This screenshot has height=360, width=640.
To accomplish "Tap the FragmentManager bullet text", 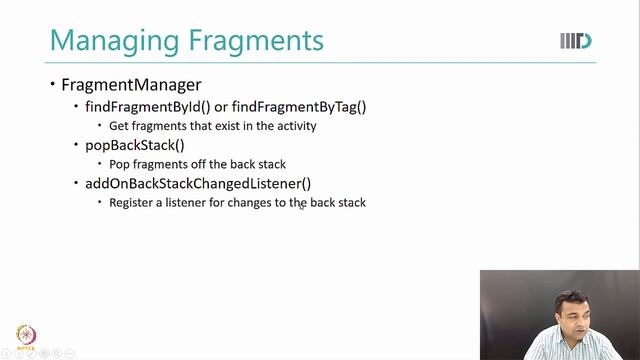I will click(131, 85).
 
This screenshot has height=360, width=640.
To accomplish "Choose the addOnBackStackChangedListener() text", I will click(198, 183).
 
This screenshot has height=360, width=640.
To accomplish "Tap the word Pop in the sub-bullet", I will click(119, 164).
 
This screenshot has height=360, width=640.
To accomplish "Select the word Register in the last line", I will click(132, 202).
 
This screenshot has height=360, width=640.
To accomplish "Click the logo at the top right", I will click(576, 41).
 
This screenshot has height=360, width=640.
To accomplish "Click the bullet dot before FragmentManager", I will click(52, 85).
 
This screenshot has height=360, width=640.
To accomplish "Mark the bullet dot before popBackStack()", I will click(76, 145).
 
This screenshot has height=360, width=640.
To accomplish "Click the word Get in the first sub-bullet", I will click(119, 126).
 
